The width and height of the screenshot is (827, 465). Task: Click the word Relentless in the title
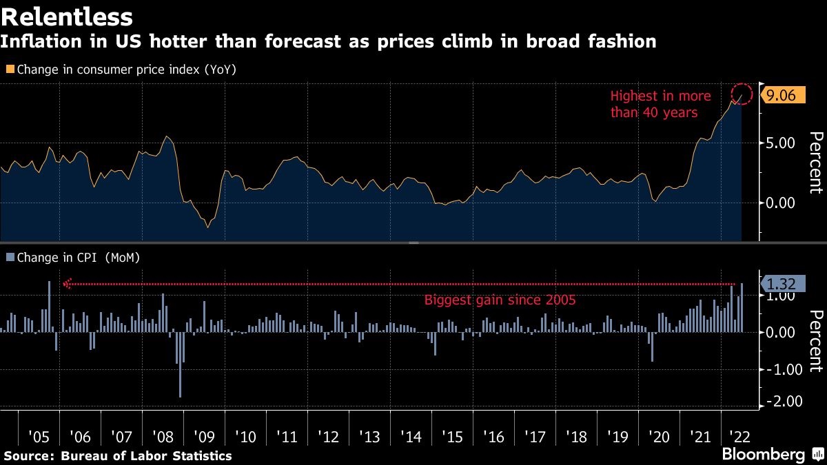(x=67, y=15)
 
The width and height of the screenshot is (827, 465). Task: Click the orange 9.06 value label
(x=781, y=96)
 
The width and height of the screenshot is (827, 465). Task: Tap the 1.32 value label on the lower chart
(x=782, y=283)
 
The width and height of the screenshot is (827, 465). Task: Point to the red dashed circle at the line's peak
(x=742, y=94)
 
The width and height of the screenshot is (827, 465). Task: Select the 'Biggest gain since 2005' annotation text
(x=499, y=300)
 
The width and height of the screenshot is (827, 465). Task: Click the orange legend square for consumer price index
(x=10, y=70)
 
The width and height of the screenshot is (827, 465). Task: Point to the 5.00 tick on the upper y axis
(x=781, y=143)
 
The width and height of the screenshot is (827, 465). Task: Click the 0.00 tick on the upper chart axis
(x=781, y=203)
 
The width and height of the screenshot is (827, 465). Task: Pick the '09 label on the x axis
(x=204, y=437)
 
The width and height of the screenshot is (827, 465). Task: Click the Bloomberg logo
(x=764, y=455)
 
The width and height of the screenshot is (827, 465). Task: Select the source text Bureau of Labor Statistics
(x=146, y=455)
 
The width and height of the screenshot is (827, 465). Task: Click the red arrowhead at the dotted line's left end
(x=67, y=284)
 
